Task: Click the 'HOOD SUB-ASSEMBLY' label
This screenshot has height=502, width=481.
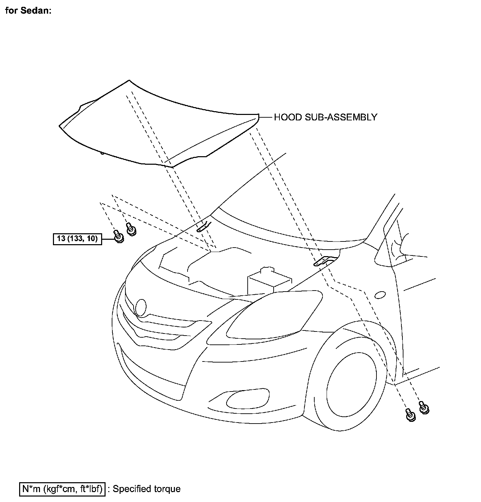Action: pos(325,117)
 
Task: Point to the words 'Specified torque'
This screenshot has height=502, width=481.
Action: pos(147,489)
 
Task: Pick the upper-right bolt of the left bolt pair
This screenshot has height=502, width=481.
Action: pos(130,228)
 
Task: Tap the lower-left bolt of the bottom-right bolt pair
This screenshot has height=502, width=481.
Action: pos(410,415)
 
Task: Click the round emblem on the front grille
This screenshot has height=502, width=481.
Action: pos(140,308)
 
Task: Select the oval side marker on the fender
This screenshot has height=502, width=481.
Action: pos(380,295)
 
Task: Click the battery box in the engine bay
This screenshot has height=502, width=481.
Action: pos(269,281)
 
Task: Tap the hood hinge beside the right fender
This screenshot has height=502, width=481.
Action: pos(324,261)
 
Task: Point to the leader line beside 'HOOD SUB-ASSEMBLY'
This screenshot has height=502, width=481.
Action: pos(266,117)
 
